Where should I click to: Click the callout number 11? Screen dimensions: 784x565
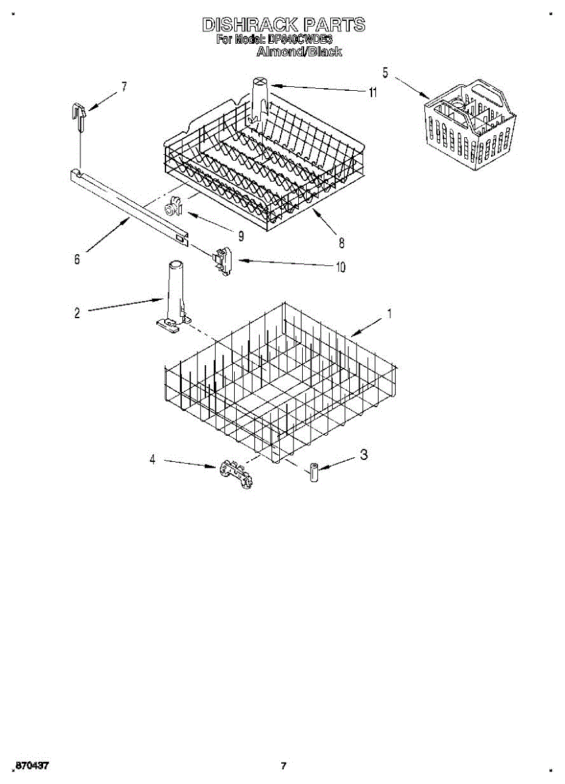pos(373,93)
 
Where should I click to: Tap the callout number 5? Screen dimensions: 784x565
pos(385,73)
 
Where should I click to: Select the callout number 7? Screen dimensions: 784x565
pos(124,86)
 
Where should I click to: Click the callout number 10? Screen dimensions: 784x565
pos(340,267)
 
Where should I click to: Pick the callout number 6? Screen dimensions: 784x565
pos(77,259)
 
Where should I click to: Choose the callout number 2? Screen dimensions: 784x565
pos(77,313)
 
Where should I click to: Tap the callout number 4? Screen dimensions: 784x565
pos(152,459)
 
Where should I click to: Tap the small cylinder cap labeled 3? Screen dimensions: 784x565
pos(313,472)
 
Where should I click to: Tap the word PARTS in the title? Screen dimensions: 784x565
pos(334,25)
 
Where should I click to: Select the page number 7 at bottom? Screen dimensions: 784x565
pos(283,766)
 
